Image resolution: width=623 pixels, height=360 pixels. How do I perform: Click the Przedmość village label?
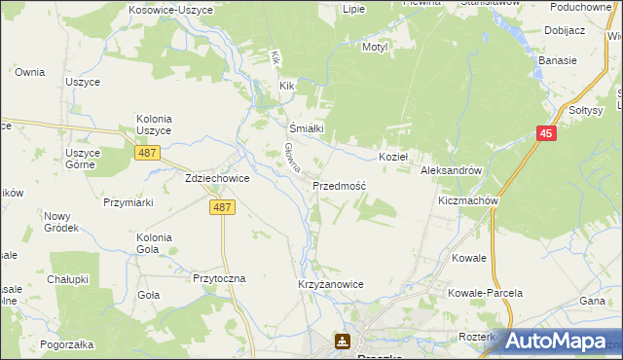click(339, 185)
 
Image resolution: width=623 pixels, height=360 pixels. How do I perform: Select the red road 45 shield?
click(545, 135)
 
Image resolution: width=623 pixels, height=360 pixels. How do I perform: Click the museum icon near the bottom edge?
click(343, 342)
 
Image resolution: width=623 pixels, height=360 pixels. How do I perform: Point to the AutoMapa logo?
click(556, 340)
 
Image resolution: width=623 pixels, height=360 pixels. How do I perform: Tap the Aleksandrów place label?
click(451, 169)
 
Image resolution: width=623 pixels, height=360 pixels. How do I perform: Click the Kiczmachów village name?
click(468, 200)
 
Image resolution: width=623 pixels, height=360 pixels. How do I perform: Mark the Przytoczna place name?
click(220, 277)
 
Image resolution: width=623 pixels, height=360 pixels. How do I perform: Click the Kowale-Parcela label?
click(485, 292)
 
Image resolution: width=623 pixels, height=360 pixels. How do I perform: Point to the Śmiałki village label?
click(306, 127)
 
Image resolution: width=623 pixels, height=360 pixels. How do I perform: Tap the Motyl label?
click(375, 46)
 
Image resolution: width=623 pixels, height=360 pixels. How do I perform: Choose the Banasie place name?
click(558, 60)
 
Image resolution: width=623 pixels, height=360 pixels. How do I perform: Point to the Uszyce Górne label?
click(82, 159)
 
